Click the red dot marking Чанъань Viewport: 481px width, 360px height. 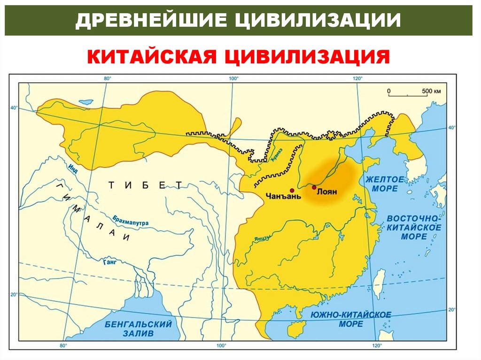pyautogui.click(x=292, y=190)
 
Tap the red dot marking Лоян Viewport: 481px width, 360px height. pyautogui.click(x=314, y=187)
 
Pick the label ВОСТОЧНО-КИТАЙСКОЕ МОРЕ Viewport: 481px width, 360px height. pyautogui.click(x=414, y=228)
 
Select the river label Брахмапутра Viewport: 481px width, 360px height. pyautogui.click(x=131, y=220)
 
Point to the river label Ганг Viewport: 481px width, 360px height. pyautogui.click(x=109, y=262)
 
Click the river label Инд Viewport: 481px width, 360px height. pyautogui.click(x=72, y=168)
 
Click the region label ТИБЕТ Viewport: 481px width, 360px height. pyautogui.click(x=145, y=185)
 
